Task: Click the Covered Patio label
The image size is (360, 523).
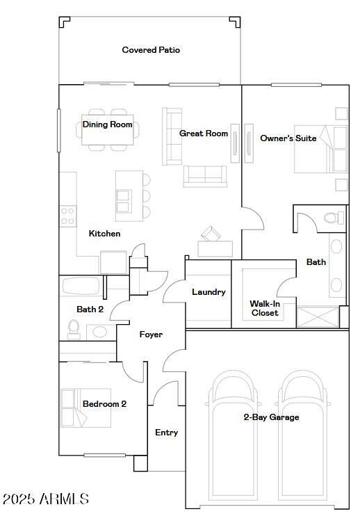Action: pos(151,50)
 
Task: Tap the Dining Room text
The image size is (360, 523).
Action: pos(107,124)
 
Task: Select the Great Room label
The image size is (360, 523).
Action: pos(204,133)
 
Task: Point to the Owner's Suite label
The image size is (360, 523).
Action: pos(288,138)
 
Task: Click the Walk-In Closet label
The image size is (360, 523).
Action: pos(264,308)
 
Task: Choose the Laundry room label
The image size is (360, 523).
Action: pos(208,292)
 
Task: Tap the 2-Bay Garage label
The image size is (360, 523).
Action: pos(271,417)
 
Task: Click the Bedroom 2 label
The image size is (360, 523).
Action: pos(104,404)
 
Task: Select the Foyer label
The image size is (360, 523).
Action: pos(151,335)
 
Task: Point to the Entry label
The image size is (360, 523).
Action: pos(166,433)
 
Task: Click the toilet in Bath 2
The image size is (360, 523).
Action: pos(74,328)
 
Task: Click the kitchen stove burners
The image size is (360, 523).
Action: pos(67,216)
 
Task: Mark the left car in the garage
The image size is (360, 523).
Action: pos(234,438)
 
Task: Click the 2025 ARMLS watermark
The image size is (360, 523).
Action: pos(45,499)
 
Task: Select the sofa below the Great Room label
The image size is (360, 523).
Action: pos(204,176)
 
